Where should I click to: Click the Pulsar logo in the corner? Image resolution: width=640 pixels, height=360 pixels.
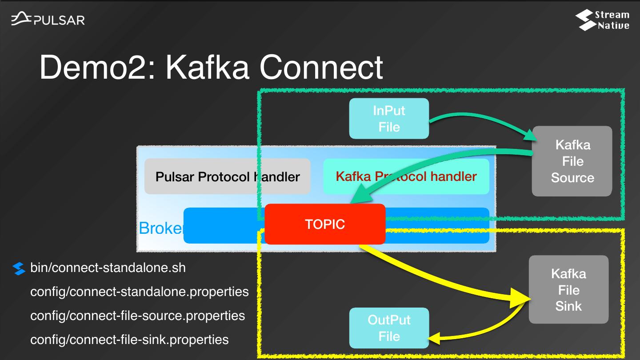[x=48, y=20]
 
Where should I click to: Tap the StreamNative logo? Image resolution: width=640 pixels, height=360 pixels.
[x=602, y=20]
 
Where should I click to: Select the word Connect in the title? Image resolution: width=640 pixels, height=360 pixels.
[x=321, y=68]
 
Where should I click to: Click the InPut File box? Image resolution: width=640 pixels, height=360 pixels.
[x=389, y=119]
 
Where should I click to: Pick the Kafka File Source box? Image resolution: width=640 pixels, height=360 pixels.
[x=572, y=161]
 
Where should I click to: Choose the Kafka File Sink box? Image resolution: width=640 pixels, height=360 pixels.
[x=568, y=289]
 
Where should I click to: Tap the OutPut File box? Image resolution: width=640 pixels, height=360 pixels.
[x=389, y=328]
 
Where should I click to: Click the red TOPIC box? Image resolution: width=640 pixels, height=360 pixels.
[x=325, y=224]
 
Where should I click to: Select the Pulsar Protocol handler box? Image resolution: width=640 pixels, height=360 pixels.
[x=227, y=176]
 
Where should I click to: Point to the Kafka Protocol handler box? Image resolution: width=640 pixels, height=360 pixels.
[x=406, y=176]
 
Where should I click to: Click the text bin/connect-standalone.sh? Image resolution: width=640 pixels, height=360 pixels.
[x=108, y=268]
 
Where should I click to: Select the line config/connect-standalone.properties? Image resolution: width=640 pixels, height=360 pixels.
[x=139, y=292]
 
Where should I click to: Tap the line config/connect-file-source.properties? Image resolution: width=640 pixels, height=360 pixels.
[x=137, y=316]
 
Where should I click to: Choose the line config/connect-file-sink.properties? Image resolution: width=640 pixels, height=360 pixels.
[x=129, y=340]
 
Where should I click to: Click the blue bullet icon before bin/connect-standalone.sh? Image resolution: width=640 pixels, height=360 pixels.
[x=19, y=268]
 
